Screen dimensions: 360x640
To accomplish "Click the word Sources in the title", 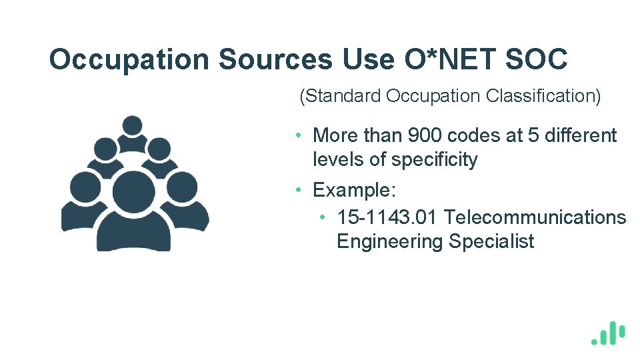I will click(x=274, y=59).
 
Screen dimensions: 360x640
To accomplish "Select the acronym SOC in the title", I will click(x=537, y=59).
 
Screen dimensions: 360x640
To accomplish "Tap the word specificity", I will click(x=435, y=160).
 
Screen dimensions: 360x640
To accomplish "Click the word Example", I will click(x=354, y=190).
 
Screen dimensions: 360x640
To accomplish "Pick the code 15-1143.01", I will click(x=387, y=217).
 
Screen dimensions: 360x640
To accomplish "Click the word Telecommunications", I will click(x=535, y=217).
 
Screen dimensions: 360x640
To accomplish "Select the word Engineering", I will click(x=390, y=241).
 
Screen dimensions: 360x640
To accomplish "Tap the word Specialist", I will click(x=491, y=241).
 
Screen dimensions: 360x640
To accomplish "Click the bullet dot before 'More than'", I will click(x=301, y=135).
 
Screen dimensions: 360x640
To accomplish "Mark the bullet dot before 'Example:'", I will click(x=301, y=190).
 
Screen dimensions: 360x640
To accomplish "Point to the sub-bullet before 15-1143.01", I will click(x=322, y=218).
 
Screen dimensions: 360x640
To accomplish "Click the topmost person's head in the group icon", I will click(x=133, y=125).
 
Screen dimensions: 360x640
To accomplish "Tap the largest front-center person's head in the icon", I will click(x=133, y=191).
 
